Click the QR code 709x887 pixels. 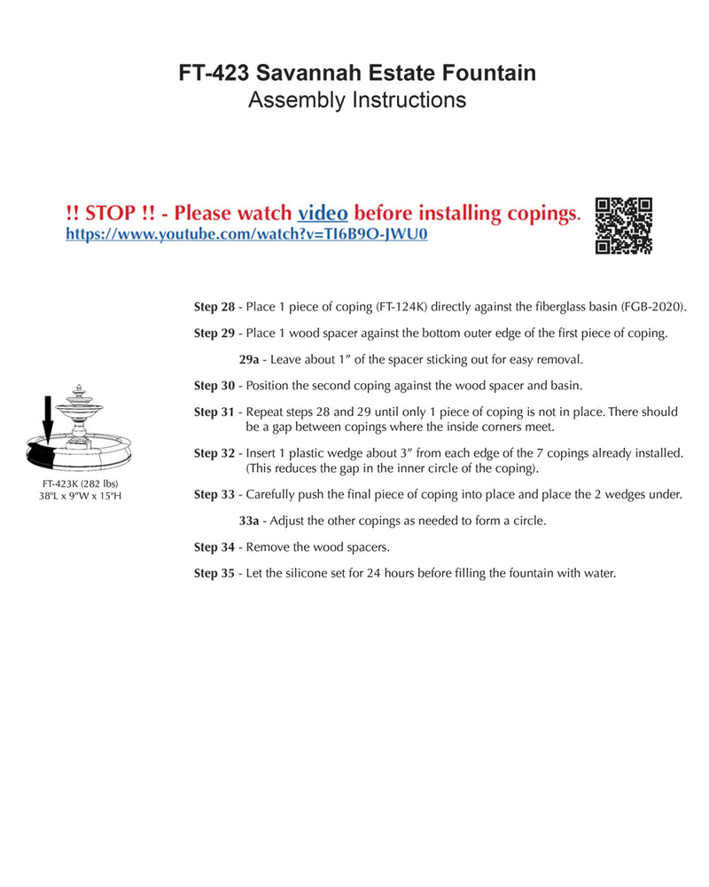(x=624, y=225)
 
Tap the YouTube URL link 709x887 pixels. (x=247, y=235)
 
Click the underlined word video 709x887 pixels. (x=323, y=213)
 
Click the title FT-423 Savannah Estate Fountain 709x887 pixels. (x=357, y=73)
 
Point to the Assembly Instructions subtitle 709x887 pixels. (x=357, y=100)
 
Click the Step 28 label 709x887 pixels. (x=214, y=307)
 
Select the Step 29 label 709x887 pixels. (x=214, y=334)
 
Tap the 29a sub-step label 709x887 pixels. (x=249, y=359)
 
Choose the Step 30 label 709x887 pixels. (x=214, y=386)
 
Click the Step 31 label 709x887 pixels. (x=214, y=412)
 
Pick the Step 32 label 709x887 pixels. (x=214, y=453)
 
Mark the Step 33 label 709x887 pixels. (x=214, y=494)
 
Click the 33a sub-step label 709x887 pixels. (x=249, y=521)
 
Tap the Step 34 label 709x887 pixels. (x=214, y=546)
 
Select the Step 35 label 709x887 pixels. (x=214, y=573)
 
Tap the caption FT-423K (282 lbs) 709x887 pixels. (x=74, y=483)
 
